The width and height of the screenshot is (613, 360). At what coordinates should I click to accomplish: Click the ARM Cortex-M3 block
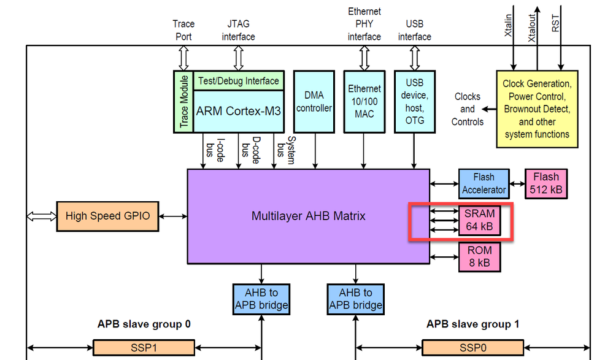239,111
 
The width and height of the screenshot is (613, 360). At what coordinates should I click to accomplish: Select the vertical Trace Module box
183,101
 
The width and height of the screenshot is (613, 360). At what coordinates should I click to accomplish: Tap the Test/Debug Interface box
238,80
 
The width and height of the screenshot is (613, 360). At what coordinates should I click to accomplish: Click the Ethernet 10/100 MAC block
364,101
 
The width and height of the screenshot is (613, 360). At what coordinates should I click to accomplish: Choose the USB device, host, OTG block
415,101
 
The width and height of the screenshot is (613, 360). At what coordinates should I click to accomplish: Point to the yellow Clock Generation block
536,109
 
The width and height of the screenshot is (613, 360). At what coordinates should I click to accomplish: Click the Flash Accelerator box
484,183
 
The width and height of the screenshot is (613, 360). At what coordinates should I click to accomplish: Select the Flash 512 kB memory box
546,183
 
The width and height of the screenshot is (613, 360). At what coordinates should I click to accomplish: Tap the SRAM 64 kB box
479,220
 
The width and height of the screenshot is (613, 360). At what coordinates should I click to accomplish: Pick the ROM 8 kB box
479,256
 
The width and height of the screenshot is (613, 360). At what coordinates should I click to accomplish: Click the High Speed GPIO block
107,216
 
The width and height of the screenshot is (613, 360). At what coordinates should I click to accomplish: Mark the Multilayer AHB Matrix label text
308,216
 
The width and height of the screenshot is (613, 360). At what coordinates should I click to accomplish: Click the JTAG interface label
238,31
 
